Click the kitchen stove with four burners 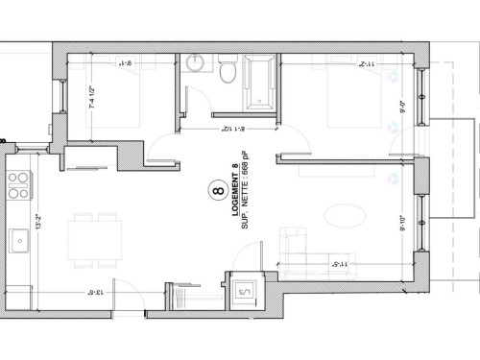coord(18,182)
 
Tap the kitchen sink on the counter coord(18,241)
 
